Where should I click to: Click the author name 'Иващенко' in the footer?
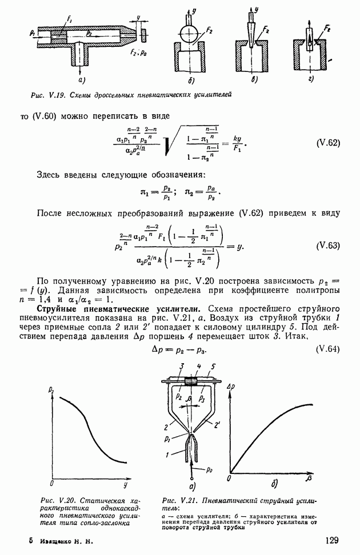pyautogui.click(x=55, y=540)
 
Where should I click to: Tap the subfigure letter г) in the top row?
pyautogui.click(x=311, y=78)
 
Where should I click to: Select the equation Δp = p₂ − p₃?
pyautogui.click(x=179, y=349)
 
